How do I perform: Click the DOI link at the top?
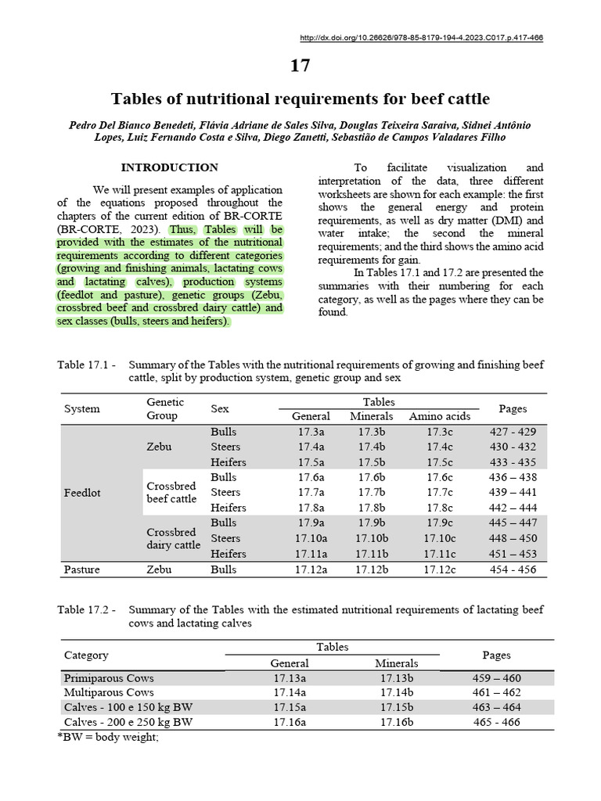tap(421, 38)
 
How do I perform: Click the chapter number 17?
tap(300, 66)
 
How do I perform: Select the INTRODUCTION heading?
tap(169, 167)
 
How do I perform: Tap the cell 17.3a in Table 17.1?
tap(311, 432)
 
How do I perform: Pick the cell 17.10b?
tap(372, 538)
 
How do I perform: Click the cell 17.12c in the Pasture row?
tap(439, 569)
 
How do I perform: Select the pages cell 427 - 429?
tap(513, 432)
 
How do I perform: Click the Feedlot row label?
tap(81, 493)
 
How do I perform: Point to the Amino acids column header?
tap(439, 416)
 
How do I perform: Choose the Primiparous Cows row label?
tap(109, 678)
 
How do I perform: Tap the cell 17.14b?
tap(397, 692)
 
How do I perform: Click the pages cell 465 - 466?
tap(497, 722)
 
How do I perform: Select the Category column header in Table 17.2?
tap(86, 655)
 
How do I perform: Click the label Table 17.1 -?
tap(87, 365)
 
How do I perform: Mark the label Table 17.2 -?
tap(87, 609)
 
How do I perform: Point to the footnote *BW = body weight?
tap(108, 738)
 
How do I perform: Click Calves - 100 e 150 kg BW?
tap(128, 707)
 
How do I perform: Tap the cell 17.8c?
tap(439, 508)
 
